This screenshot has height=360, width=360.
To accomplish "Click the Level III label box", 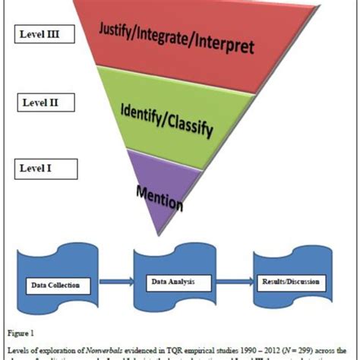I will coord(42,34).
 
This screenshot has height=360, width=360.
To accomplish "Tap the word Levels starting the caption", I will coord(18,347).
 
